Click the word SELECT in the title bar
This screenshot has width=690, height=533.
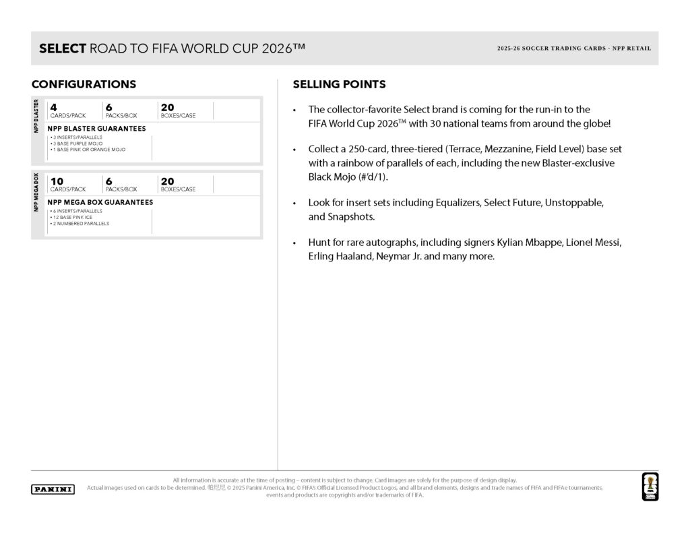(x=63, y=49)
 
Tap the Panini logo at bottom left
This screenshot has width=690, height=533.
(x=53, y=489)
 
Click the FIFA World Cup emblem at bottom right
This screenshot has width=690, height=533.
(x=650, y=486)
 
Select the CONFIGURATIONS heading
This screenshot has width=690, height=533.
(x=84, y=85)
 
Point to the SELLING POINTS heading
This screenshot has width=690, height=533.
(x=339, y=85)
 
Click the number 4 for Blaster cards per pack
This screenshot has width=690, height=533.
(x=53, y=106)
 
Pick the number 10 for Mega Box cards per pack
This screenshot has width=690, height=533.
(x=57, y=181)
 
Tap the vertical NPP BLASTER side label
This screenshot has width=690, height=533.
(x=36, y=116)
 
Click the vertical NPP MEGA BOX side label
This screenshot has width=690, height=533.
(x=36, y=192)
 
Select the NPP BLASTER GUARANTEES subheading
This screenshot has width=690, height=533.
(x=96, y=128)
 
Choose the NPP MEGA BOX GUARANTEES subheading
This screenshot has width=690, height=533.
(x=100, y=202)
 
